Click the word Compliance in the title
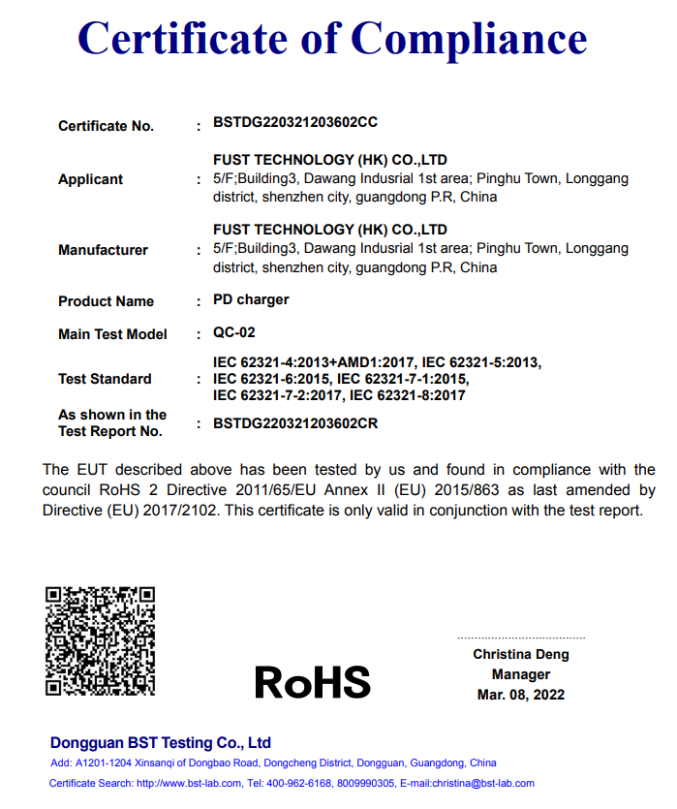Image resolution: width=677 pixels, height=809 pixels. tap(469, 39)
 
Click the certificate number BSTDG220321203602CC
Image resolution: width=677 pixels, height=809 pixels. tap(294, 123)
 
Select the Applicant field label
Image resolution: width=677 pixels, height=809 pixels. tap(90, 179)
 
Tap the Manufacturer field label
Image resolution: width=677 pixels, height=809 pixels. tap(103, 250)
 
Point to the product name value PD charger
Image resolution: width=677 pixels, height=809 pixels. tap(251, 299)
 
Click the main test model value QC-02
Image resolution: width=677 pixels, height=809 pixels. tap(234, 332)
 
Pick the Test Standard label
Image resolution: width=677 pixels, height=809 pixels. tap(105, 379)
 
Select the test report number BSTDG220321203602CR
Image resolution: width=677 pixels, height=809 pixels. tap(294, 423)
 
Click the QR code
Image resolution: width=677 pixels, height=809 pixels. tap(101, 639)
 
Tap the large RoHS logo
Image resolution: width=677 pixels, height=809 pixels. tap(312, 682)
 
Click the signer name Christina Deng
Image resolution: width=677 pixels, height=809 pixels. tap(521, 654)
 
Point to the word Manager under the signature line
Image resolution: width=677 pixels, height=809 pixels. tap(521, 674)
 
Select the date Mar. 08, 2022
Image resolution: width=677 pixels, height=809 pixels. tap(521, 695)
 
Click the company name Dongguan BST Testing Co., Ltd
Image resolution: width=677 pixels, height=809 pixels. tap(160, 743)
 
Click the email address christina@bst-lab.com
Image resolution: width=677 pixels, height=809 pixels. tap(481, 783)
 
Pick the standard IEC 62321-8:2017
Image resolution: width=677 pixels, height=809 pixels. tap(408, 395)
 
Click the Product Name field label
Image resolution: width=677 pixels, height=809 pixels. tap(106, 301)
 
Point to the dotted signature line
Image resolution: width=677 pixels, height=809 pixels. tap(521, 638)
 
